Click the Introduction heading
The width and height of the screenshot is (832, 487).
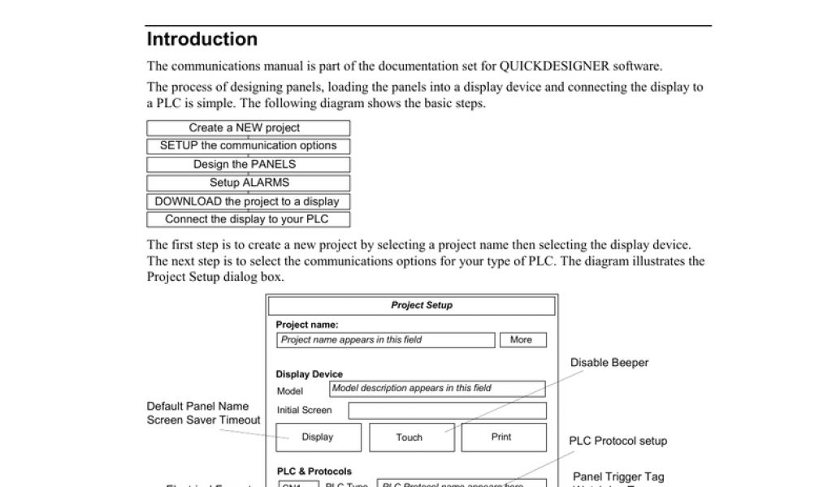pyautogui.click(x=202, y=39)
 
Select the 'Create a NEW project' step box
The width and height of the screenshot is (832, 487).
pyautogui.click(x=248, y=128)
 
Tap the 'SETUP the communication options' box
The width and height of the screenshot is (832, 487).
pyautogui.click(x=248, y=146)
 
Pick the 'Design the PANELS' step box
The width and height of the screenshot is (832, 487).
pyautogui.click(x=248, y=165)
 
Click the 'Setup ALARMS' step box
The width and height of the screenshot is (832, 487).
pyautogui.click(x=248, y=183)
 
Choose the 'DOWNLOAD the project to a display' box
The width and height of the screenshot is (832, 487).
pyautogui.click(x=248, y=201)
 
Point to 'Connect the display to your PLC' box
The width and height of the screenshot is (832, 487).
pyautogui.click(x=248, y=219)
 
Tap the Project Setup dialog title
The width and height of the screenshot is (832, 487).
pyautogui.click(x=422, y=305)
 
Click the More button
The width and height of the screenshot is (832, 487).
pyautogui.click(x=522, y=340)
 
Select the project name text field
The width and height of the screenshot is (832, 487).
pyautogui.click(x=385, y=340)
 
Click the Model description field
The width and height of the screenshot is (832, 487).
pyautogui.click(x=437, y=388)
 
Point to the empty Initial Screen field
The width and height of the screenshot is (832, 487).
pyautogui.click(x=447, y=411)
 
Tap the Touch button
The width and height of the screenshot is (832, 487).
pyautogui.click(x=409, y=437)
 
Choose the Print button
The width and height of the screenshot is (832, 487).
pyautogui.click(x=501, y=437)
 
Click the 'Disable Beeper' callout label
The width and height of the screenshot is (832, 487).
pyautogui.click(x=609, y=363)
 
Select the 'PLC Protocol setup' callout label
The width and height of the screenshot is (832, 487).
pyautogui.click(x=618, y=442)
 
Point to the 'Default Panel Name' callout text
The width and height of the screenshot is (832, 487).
pyautogui.click(x=198, y=406)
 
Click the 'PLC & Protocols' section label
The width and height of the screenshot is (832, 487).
pyautogui.click(x=314, y=472)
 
